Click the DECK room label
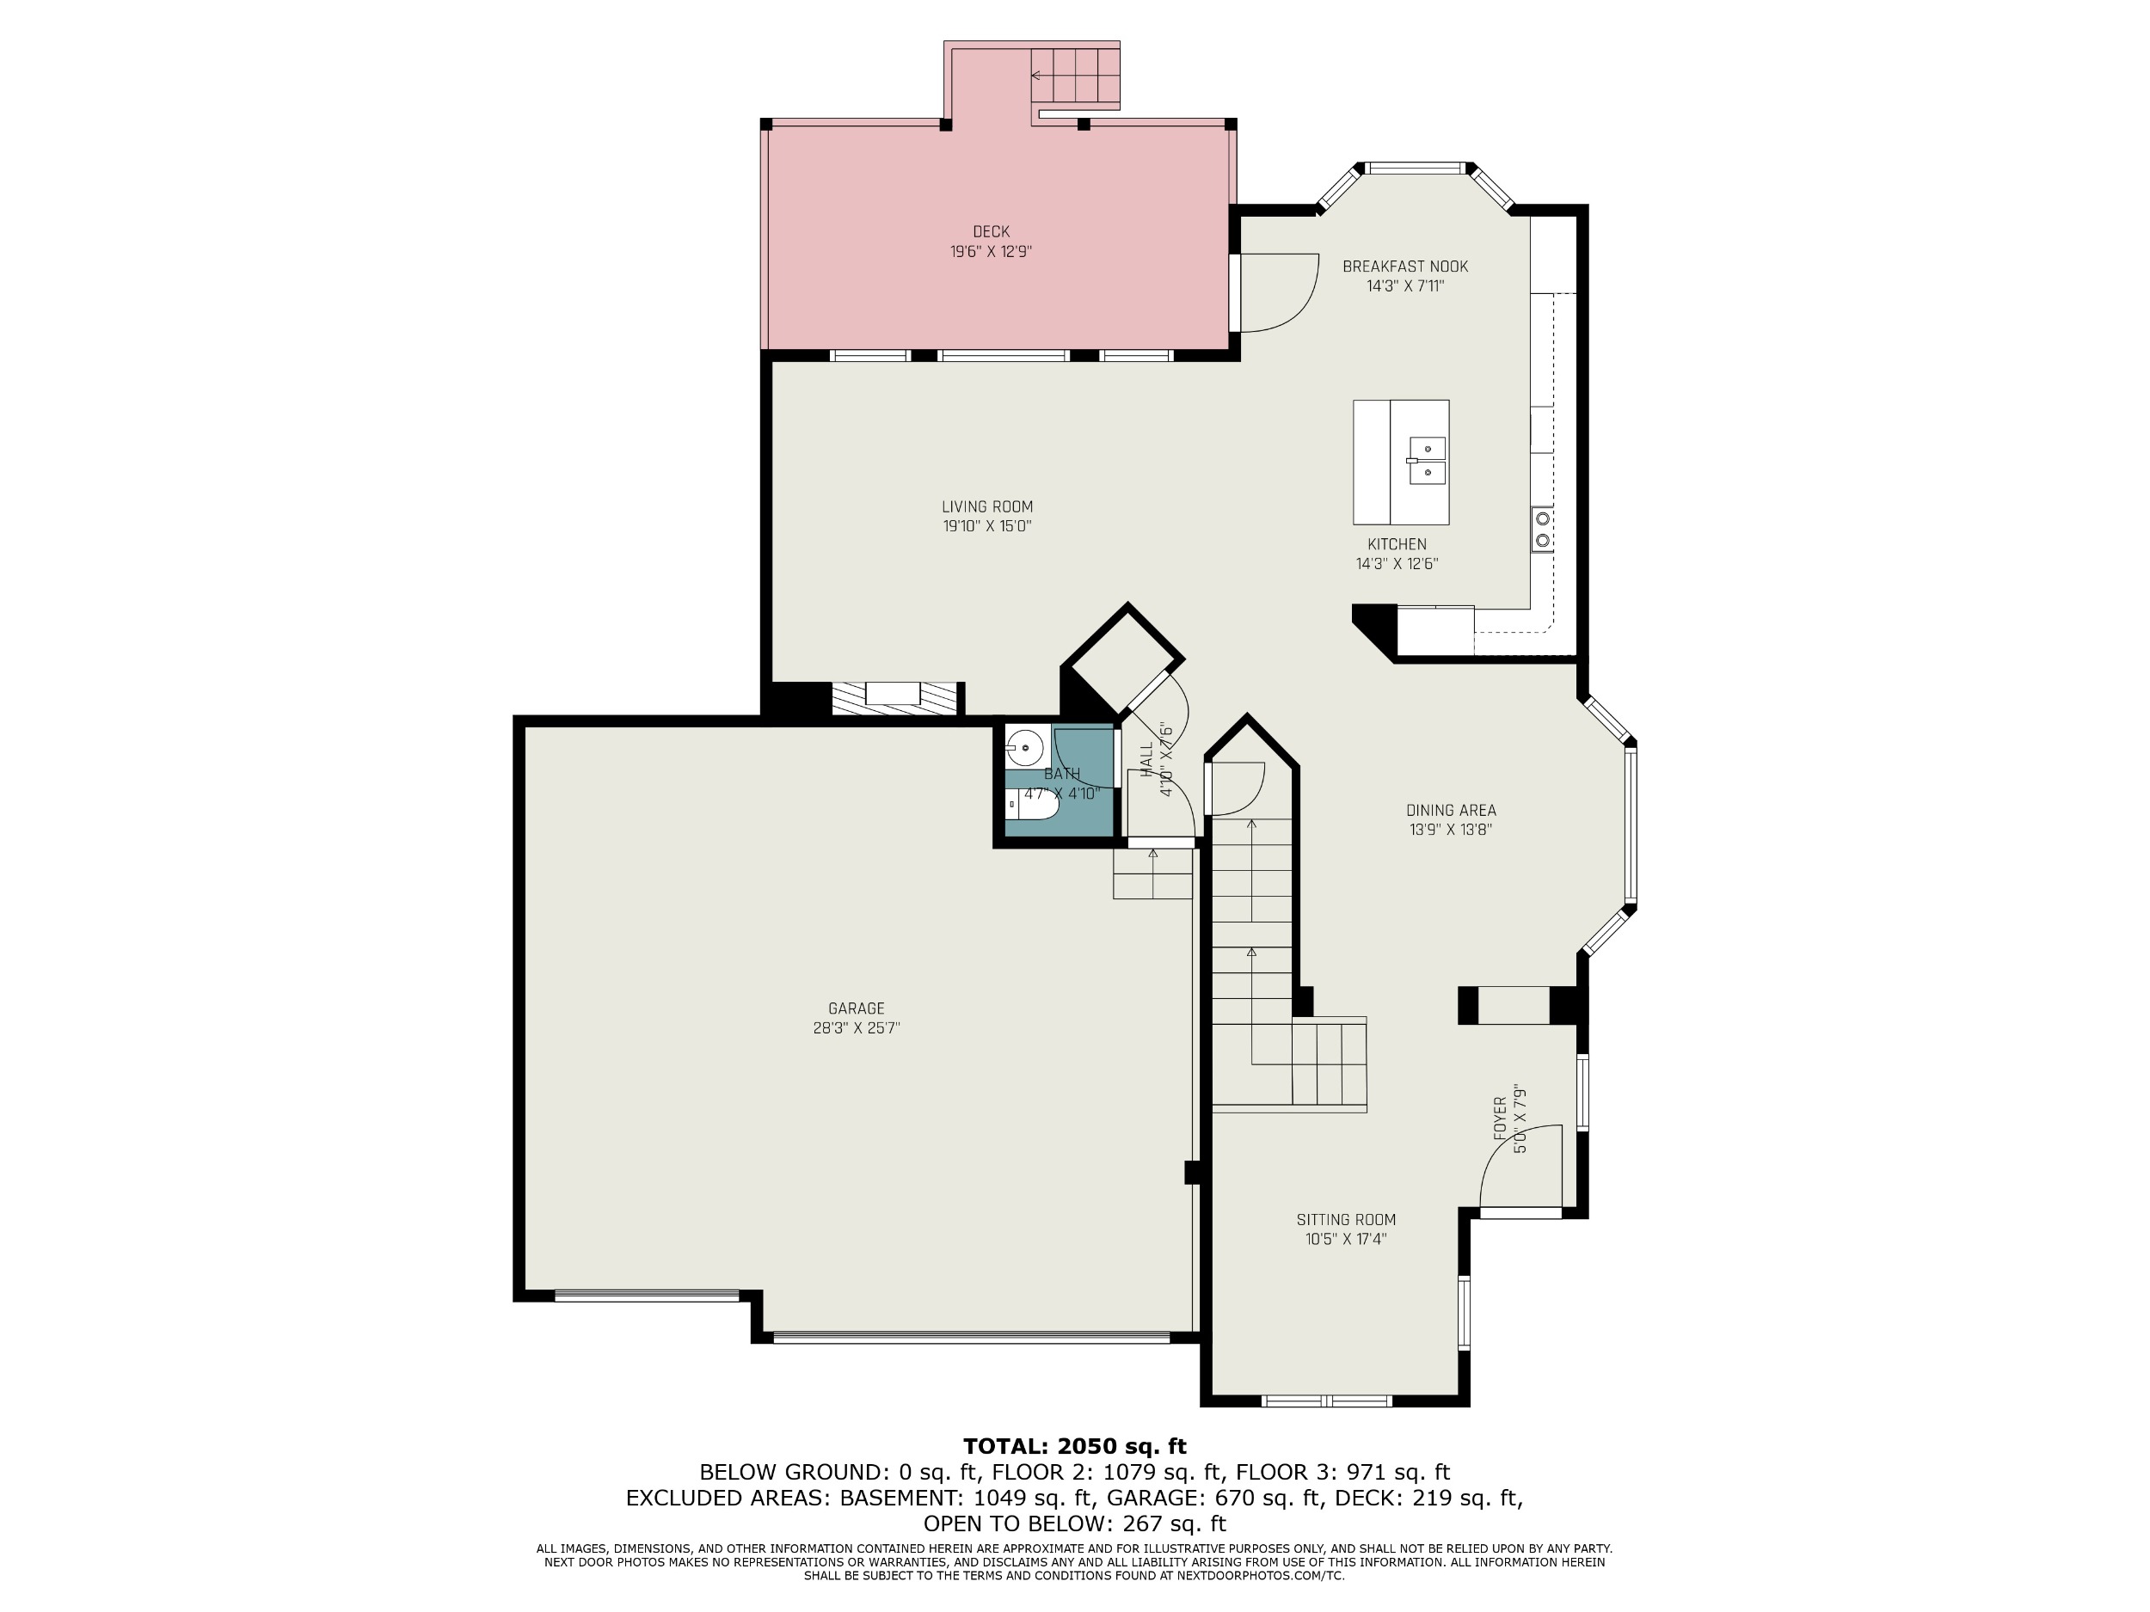pyautogui.click(x=991, y=231)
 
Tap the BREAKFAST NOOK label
pyautogui.click(x=1404, y=267)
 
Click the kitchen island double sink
pyautogui.click(x=1427, y=461)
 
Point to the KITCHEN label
pyautogui.click(x=1397, y=544)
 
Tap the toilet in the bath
pyautogui.click(x=1031, y=806)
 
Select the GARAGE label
pyautogui.click(x=857, y=1008)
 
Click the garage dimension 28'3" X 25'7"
pyautogui.click(x=857, y=1029)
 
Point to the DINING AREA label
pyautogui.click(x=1451, y=811)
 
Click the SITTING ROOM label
pyautogui.click(x=1345, y=1219)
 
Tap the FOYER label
pyautogui.click(x=1500, y=1119)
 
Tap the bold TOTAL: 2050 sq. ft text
pyautogui.click(x=1074, y=1447)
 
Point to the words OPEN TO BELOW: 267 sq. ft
pyautogui.click(x=1074, y=1523)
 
